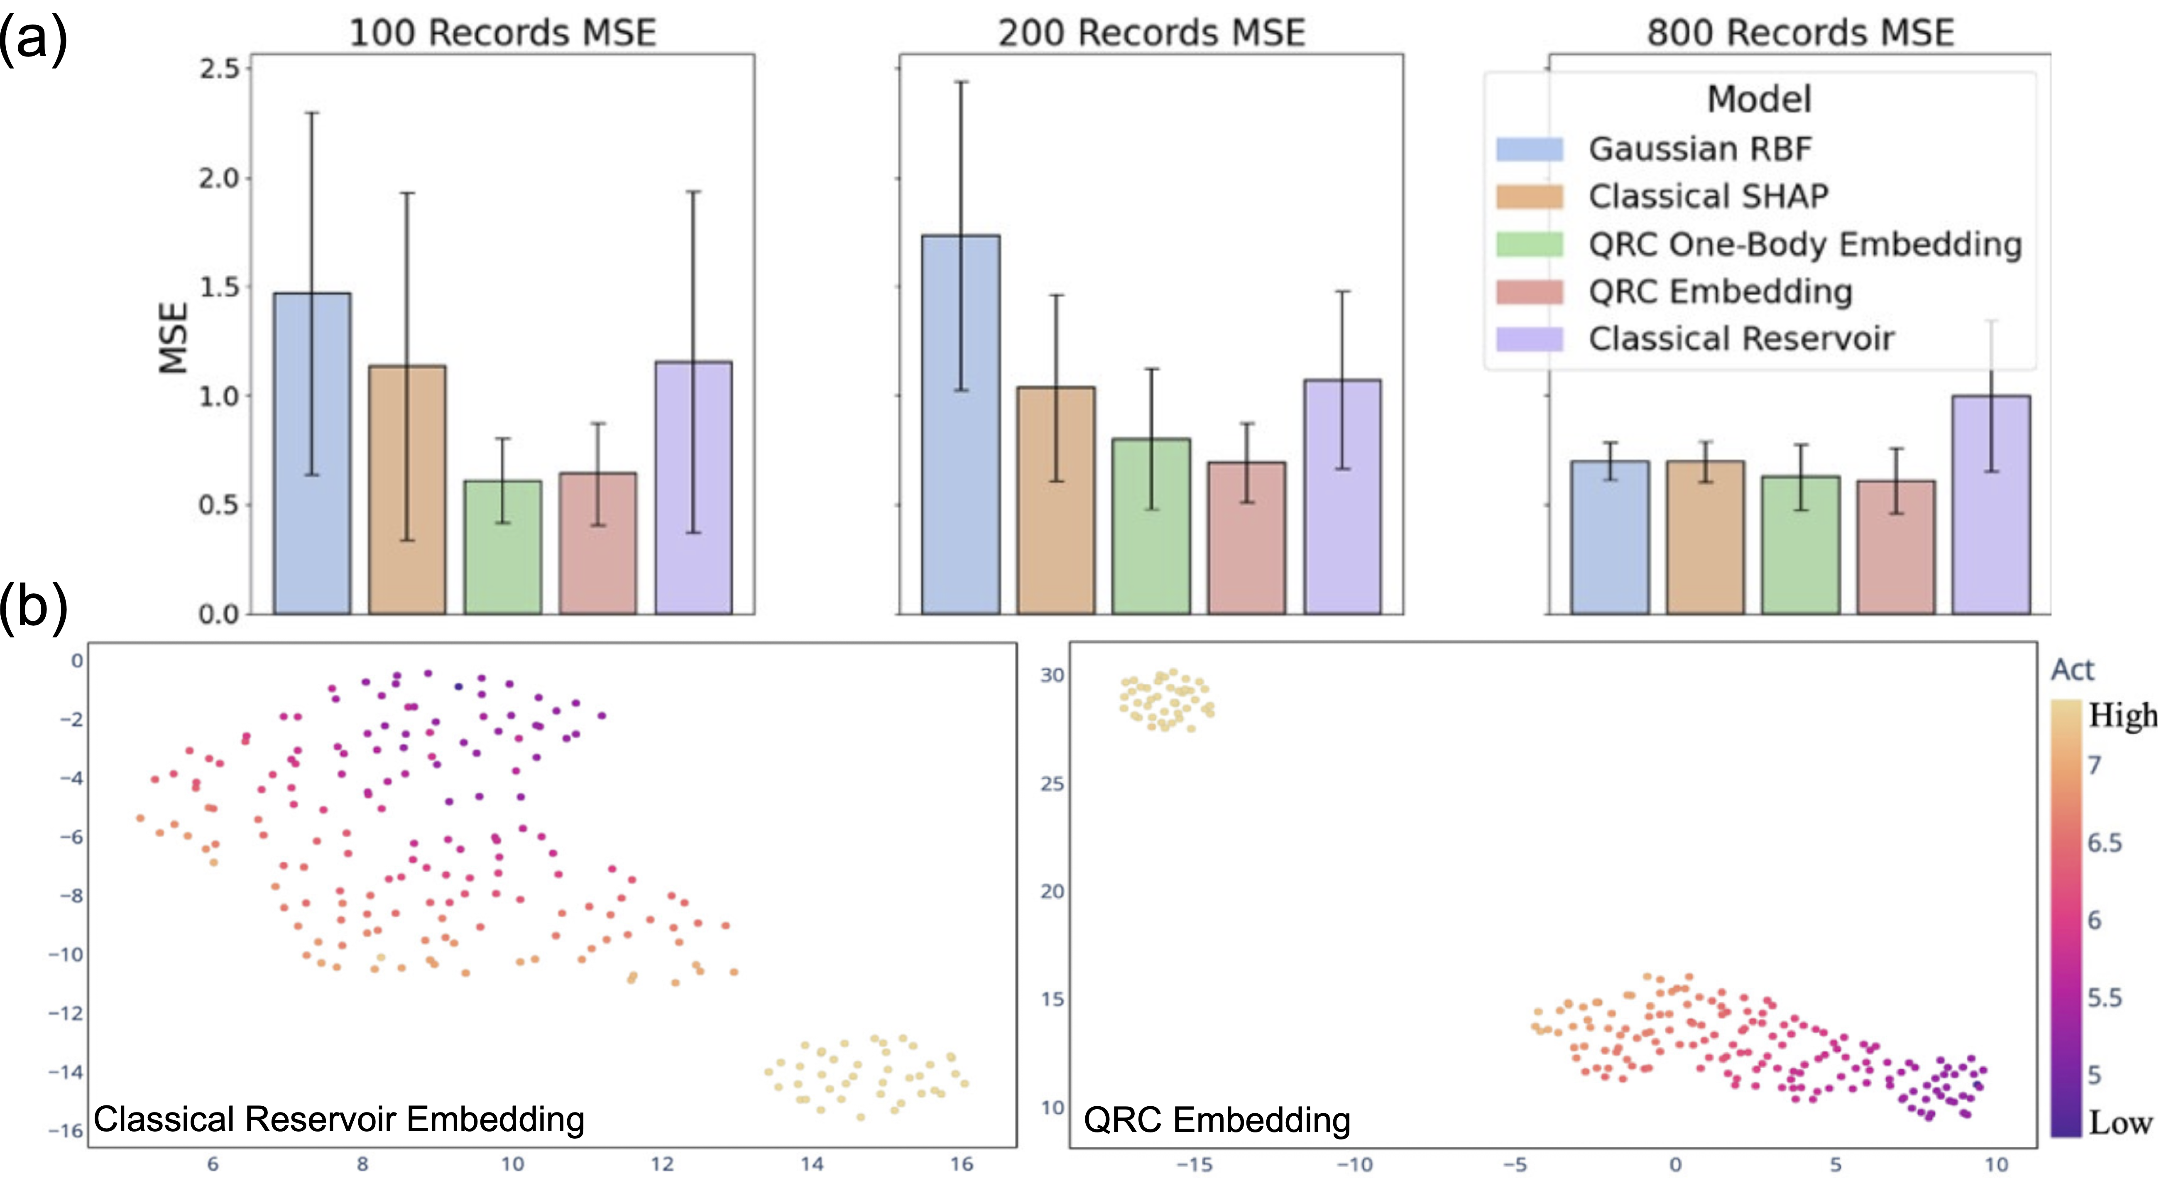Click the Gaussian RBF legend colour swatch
point(1530,149)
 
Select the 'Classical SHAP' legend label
point(1708,196)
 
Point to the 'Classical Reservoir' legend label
point(1741,338)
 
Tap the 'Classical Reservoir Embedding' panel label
point(339,1119)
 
